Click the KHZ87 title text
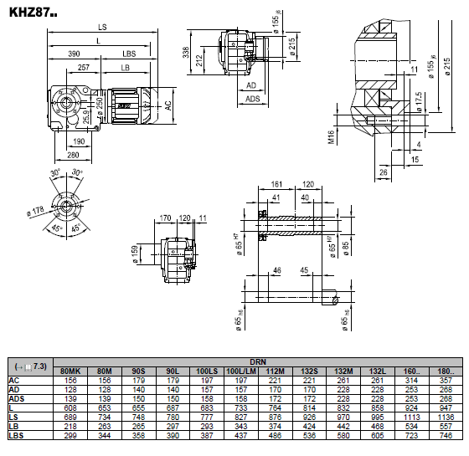[33, 13]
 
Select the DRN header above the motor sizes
[258, 362]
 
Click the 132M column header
[343, 371]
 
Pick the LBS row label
[16, 435]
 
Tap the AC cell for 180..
[446, 381]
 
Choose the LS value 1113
[411, 418]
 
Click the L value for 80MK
[70, 408]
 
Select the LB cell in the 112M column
[275, 427]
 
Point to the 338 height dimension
[186, 52]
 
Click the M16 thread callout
[331, 137]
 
